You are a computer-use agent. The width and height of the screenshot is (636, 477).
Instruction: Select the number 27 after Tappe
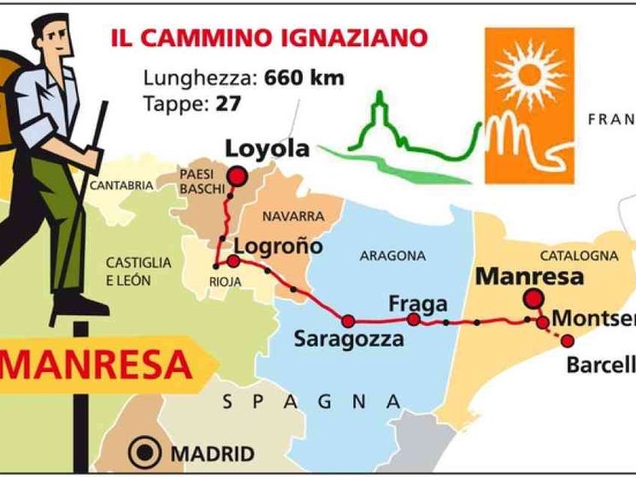pos(229,103)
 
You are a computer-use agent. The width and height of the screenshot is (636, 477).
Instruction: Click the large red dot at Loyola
pos(236,177)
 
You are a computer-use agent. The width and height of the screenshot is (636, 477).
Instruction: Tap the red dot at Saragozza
pos(348,321)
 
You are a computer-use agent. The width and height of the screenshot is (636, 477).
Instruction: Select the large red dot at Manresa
pos(533,298)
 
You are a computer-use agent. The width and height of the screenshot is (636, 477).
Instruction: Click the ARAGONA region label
pos(392,256)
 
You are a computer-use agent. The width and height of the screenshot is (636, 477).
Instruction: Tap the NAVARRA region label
pos(293,216)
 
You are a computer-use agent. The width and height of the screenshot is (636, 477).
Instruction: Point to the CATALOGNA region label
pos(578,256)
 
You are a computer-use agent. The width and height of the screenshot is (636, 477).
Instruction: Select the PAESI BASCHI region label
pos(202,180)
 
